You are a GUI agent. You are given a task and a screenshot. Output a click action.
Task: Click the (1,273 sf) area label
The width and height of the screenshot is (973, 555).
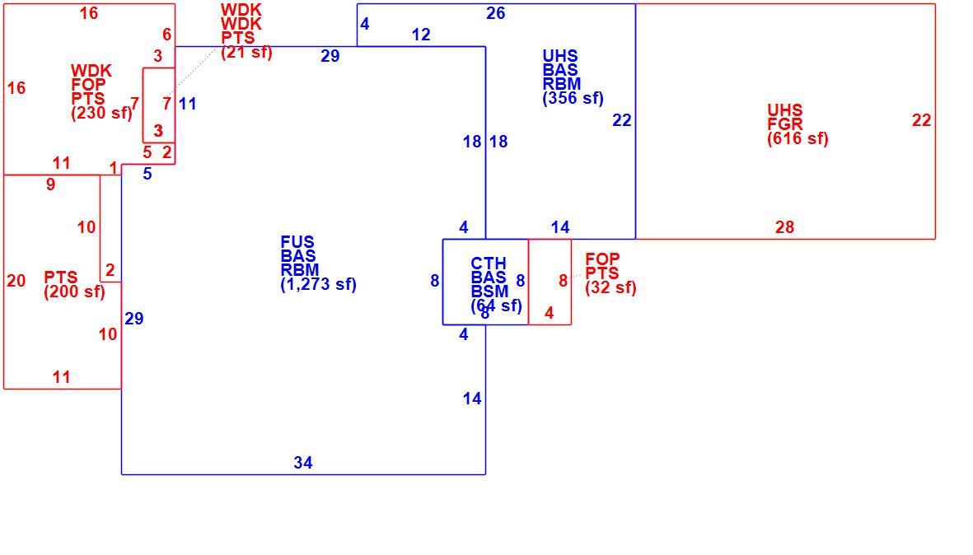pyautogui.click(x=318, y=285)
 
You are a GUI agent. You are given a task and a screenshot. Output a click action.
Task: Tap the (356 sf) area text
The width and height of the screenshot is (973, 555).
pyautogui.click(x=573, y=98)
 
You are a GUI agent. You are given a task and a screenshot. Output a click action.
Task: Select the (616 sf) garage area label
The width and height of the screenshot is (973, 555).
pyautogui.click(x=798, y=138)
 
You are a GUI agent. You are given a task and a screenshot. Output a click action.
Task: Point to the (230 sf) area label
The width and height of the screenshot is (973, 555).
pyautogui.click(x=102, y=113)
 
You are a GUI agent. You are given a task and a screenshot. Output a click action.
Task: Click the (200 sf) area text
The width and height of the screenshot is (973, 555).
pyautogui.click(x=74, y=291)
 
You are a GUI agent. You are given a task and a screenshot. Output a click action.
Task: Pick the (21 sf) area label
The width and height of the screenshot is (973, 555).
pyautogui.click(x=246, y=52)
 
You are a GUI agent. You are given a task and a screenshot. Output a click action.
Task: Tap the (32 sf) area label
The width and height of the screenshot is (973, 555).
pyautogui.click(x=610, y=287)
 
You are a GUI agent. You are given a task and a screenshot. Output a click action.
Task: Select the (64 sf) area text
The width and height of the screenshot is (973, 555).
pyautogui.click(x=497, y=305)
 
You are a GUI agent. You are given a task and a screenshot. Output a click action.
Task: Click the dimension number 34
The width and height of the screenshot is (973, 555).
pyautogui.click(x=303, y=463)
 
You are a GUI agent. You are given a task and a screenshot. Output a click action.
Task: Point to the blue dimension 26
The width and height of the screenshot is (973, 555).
pyautogui.click(x=495, y=13)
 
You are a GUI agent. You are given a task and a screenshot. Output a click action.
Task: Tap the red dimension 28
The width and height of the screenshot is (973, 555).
pyautogui.click(x=784, y=227)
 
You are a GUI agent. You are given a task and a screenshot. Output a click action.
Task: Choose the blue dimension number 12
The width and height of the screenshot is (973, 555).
pyautogui.click(x=421, y=35)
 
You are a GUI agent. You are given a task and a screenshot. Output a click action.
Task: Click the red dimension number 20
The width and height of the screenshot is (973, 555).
pyautogui.click(x=16, y=281)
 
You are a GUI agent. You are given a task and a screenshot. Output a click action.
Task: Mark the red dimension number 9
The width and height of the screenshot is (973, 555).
pyautogui.click(x=51, y=184)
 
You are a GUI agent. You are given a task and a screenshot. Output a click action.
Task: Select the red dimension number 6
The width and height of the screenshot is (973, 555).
pyautogui.click(x=166, y=35)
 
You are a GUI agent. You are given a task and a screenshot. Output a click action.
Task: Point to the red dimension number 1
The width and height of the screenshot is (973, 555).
pyautogui.click(x=114, y=168)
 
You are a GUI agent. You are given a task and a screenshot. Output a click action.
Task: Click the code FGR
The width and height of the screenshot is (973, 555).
pyautogui.click(x=785, y=124)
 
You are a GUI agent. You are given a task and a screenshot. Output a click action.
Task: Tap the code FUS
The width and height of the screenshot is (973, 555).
pyautogui.click(x=297, y=242)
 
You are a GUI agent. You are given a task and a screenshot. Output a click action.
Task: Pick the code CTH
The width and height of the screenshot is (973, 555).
pyautogui.click(x=489, y=264)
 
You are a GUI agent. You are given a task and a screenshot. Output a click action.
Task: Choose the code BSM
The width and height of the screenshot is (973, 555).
pyautogui.click(x=489, y=291)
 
